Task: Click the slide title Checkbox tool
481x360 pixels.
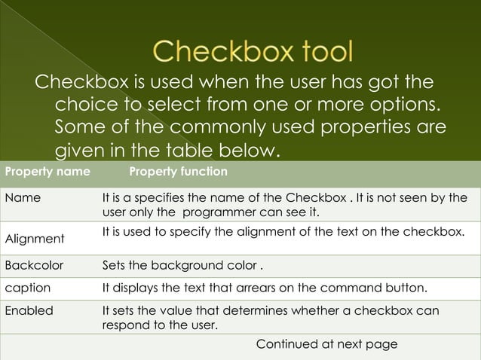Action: coord(253,52)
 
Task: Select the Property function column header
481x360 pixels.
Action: coord(178,172)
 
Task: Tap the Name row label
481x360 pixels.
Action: coord(23,199)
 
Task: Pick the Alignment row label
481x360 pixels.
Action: coord(35,239)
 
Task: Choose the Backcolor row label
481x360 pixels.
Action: coord(34,266)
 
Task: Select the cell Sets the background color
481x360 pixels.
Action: coord(182,266)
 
